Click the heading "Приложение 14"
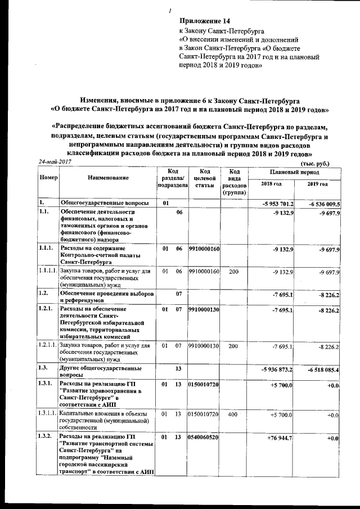point(203,21)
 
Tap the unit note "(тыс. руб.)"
point(314,163)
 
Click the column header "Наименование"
point(108,177)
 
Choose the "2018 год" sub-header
point(272,184)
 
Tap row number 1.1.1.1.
point(48,272)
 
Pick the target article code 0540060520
point(203,437)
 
